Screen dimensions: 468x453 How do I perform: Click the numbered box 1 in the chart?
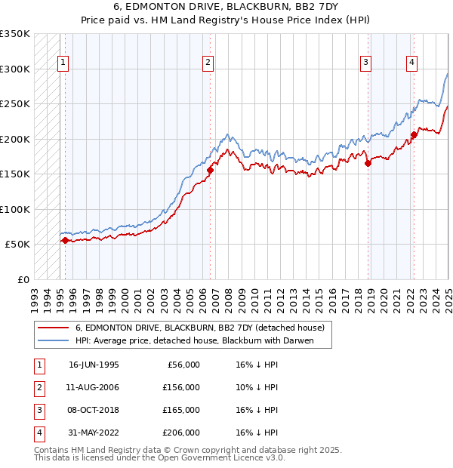(63, 63)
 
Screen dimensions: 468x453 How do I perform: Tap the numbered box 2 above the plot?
(208, 63)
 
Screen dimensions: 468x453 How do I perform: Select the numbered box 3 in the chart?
(365, 63)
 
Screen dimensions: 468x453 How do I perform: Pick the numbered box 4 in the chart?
(412, 63)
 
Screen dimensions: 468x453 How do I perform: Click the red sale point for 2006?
(210, 171)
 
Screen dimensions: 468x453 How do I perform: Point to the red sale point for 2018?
(368, 163)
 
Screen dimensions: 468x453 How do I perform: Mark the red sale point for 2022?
(414, 135)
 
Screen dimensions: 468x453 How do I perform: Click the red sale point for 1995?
(65, 240)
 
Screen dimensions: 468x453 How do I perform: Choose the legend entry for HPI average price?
(193, 340)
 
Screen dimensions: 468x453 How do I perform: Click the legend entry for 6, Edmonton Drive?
(200, 328)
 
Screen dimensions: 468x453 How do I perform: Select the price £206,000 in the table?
(182, 433)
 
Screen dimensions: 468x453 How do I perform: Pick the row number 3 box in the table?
(38, 410)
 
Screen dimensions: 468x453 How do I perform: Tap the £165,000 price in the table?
(182, 410)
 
